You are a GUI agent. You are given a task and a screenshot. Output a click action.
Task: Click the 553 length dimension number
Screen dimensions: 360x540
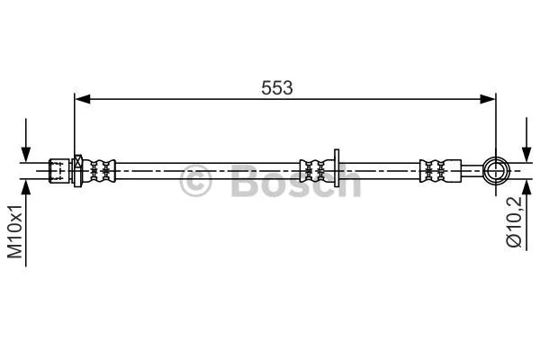pos(278,87)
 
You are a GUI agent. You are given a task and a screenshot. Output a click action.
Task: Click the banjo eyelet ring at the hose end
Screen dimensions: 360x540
pos(496,167)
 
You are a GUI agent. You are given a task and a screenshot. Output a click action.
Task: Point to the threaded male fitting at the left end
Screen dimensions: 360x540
pos(58,168)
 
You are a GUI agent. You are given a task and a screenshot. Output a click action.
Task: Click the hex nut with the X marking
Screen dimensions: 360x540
pos(78,168)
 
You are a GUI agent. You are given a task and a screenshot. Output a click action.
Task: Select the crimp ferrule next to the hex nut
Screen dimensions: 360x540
pos(102,168)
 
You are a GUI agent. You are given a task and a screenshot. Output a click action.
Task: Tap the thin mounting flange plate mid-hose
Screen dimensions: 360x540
pos(335,167)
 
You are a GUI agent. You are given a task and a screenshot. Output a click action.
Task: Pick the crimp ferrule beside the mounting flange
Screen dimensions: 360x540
pos(314,167)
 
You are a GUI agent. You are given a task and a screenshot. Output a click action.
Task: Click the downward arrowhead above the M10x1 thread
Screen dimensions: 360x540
pos(27,152)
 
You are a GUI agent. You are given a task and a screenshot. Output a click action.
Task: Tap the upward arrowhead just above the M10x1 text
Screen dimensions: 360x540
pos(27,185)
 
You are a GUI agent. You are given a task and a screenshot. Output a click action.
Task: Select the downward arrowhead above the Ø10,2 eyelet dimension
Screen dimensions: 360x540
pos(526,150)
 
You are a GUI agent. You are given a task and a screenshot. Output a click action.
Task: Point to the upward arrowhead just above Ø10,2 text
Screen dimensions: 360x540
pos(526,187)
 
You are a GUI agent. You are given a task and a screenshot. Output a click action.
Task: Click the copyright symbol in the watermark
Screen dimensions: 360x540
pos(197,182)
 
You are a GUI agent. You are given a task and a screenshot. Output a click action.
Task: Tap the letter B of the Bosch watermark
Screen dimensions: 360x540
pos(245,181)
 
